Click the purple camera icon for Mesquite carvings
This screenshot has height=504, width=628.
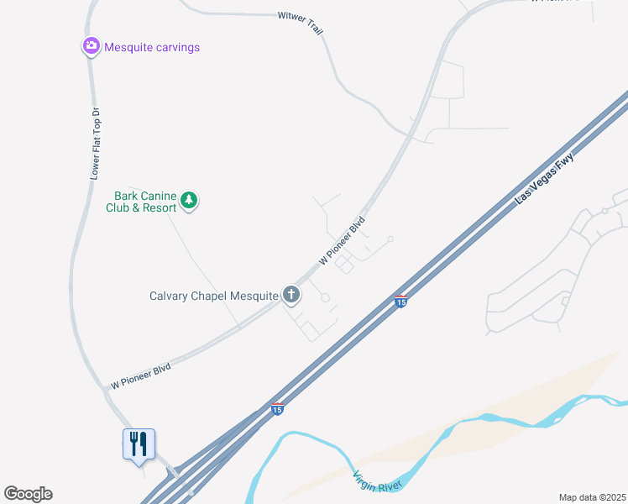click(x=91, y=46)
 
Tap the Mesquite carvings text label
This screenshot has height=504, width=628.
click(x=152, y=47)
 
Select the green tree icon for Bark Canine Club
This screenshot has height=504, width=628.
click(x=190, y=200)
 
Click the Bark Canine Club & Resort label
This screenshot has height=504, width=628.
click(x=140, y=202)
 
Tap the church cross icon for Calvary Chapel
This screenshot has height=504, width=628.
click(x=291, y=294)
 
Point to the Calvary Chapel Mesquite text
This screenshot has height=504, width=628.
click(x=213, y=296)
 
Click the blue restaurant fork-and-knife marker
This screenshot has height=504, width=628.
click(x=139, y=444)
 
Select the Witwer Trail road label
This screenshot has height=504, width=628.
click(x=301, y=23)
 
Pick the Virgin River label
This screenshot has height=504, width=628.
click(x=379, y=481)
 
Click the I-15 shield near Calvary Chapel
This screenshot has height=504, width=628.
click(x=401, y=301)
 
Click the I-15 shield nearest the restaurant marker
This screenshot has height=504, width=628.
click(x=277, y=409)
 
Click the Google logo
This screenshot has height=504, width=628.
click(x=28, y=494)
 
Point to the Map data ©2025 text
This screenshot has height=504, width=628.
click(x=592, y=497)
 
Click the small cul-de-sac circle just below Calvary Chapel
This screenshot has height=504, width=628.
click(x=325, y=297)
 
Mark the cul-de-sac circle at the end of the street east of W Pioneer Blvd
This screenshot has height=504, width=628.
click(x=390, y=239)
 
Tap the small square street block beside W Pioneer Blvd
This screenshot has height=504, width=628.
click(x=343, y=265)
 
